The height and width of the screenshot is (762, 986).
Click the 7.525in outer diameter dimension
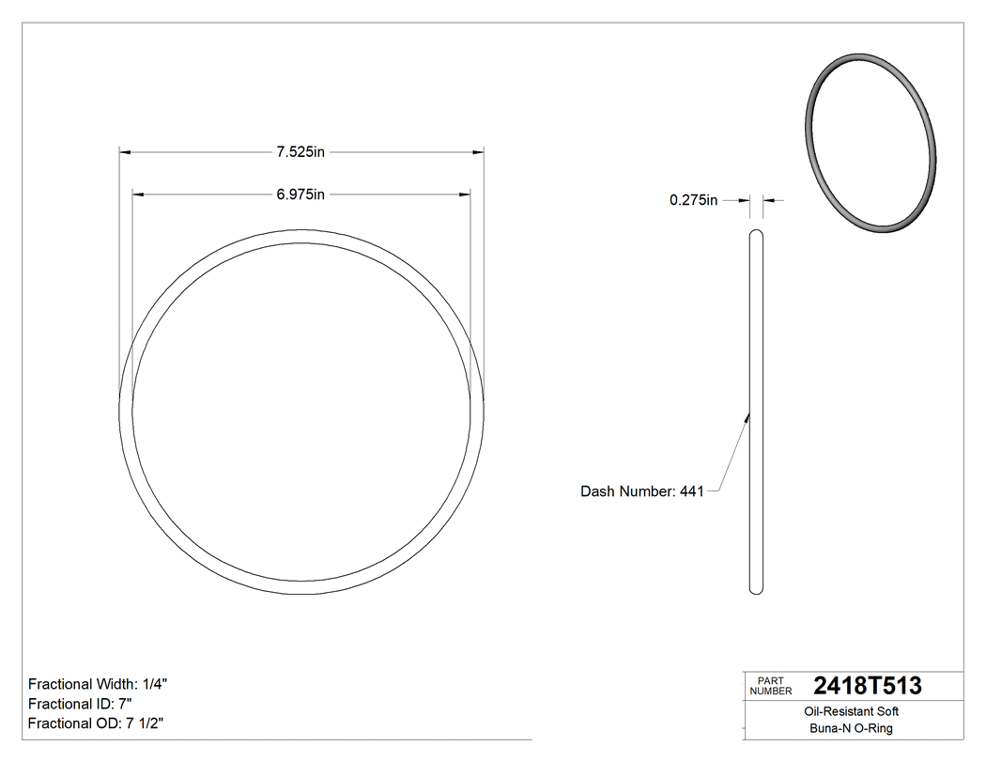click(300, 151)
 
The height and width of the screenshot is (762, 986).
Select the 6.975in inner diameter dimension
click(300, 194)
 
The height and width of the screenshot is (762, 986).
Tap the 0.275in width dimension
click(693, 200)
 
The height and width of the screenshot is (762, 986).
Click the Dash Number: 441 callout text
click(641, 490)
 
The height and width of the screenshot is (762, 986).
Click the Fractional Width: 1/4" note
click(98, 684)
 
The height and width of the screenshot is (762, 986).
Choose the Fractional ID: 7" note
click(80, 704)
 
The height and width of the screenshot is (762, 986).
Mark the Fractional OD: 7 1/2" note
click(97, 723)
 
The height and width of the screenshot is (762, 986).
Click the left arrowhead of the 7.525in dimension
click(124, 151)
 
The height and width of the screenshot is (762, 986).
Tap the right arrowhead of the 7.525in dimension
click(478, 151)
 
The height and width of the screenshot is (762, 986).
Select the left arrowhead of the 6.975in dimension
click(137, 194)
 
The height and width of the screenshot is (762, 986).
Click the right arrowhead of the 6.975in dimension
click(465, 194)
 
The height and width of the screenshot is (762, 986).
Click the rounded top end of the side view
click(756, 232)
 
